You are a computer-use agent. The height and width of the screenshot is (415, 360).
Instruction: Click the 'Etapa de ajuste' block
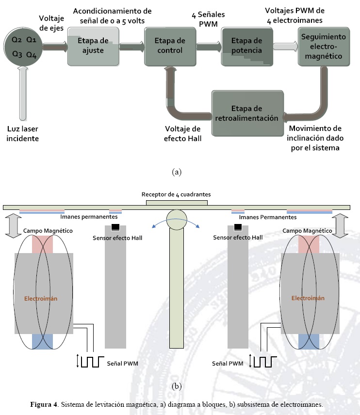pos(93,47)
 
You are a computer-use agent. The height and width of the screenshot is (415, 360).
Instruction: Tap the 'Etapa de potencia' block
pos(246,47)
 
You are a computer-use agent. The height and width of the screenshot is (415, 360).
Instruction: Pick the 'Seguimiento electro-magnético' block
pos(324,47)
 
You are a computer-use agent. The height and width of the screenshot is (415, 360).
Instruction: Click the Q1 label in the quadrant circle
pos(32,39)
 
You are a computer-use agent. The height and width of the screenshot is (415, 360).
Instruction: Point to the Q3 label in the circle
pos(17,54)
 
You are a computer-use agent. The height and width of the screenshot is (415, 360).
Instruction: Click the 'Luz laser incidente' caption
pos(23,134)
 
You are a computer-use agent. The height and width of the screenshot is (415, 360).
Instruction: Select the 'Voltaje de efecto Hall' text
pos(182,134)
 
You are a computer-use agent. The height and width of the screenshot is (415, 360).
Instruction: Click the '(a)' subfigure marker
pos(177,172)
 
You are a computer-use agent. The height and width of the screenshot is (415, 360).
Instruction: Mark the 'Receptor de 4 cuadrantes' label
pos(176,194)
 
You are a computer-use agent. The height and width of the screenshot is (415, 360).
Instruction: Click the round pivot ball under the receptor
pos(176,219)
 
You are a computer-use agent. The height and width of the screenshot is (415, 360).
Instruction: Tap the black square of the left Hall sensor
pos(115,227)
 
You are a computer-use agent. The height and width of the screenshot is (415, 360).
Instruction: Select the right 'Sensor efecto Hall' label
pos(238,237)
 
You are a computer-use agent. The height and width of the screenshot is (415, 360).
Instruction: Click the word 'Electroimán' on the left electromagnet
pos(41,299)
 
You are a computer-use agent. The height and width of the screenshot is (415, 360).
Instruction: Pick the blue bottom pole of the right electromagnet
pos(309,341)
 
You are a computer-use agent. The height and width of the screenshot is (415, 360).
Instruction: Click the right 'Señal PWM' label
pos(228,363)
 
